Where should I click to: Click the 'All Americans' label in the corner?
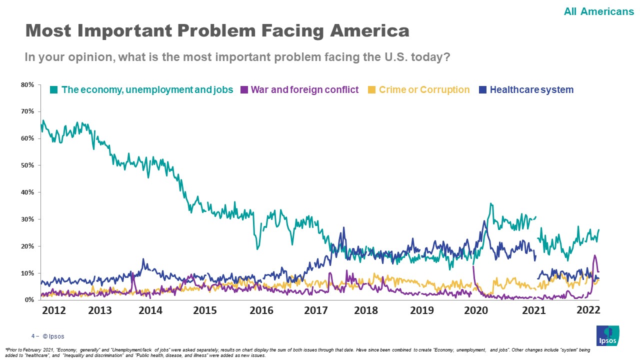pyautogui.click(x=598, y=11)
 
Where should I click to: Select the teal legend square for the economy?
pyautogui.click(x=54, y=90)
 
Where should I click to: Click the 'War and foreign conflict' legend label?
pyautogui.click(x=304, y=90)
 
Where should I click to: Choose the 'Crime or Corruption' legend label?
pyautogui.click(x=424, y=90)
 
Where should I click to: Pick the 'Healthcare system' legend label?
pyautogui.click(x=531, y=90)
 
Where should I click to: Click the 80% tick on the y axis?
pyautogui.click(x=27, y=85)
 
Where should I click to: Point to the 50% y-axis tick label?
pyautogui.click(x=27, y=165)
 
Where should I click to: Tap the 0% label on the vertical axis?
pyautogui.click(x=29, y=300)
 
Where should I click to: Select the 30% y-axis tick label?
pyautogui.click(x=27, y=219)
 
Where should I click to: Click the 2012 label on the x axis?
pyautogui.click(x=53, y=310)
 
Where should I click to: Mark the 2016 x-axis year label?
pyautogui.click(x=261, y=310)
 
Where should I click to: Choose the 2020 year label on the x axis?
pyautogui.click(x=476, y=310)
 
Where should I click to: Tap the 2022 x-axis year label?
pyautogui.click(x=588, y=310)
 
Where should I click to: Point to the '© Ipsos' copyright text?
pyautogui.click(x=53, y=336)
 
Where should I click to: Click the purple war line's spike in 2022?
pyautogui.click(x=594, y=256)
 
